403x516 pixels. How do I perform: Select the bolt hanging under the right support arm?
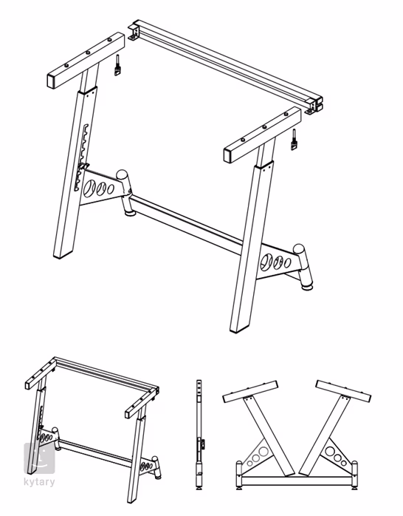click(x=294, y=139)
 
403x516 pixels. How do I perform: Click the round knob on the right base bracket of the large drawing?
click(x=301, y=254)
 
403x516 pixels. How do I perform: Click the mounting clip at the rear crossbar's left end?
click(x=134, y=31)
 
